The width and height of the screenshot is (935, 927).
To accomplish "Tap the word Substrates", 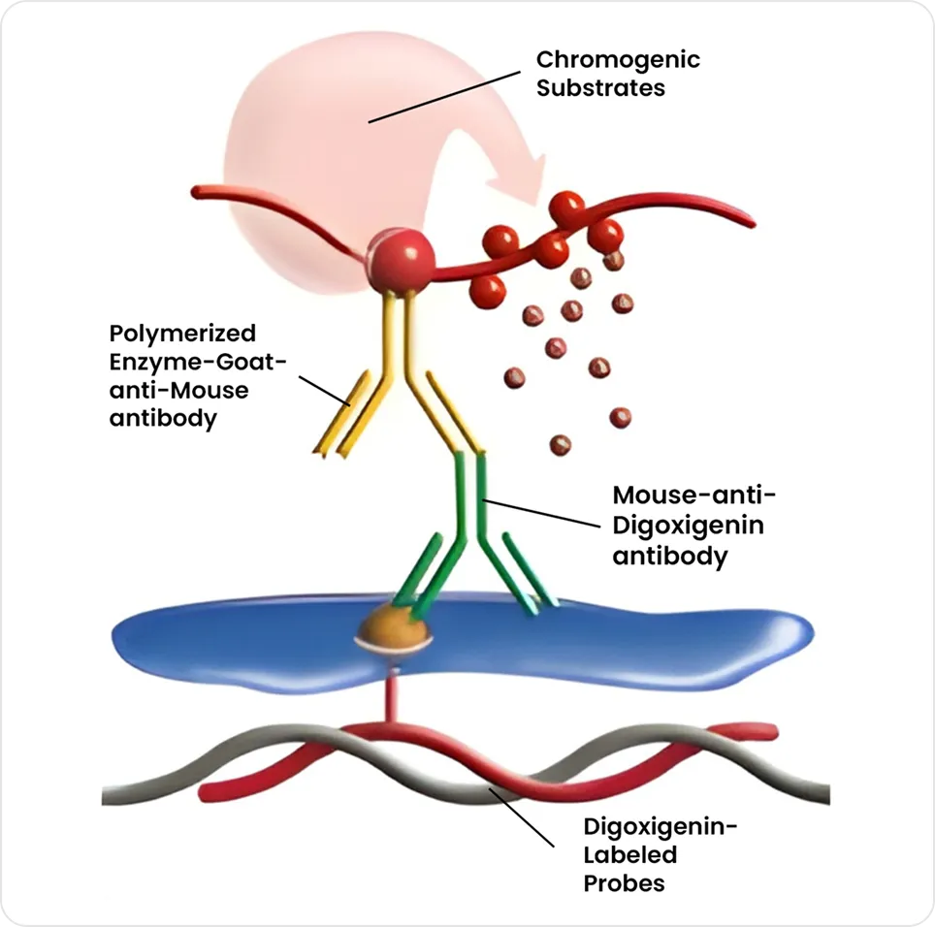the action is (x=600, y=88).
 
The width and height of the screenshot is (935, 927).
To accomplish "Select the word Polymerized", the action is (x=182, y=334).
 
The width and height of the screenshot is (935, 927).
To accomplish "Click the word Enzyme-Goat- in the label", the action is (x=197, y=362).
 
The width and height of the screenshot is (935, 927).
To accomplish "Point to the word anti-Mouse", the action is (x=178, y=391).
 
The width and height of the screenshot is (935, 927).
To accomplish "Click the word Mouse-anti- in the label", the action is (x=694, y=495).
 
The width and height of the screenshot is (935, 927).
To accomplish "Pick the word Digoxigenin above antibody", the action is (x=688, y=527).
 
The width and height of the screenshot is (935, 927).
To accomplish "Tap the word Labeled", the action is (x=630, y=855).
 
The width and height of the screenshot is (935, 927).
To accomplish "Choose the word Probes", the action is (x=624, y=884).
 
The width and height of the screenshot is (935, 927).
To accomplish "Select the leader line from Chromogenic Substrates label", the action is (x=444, y=97).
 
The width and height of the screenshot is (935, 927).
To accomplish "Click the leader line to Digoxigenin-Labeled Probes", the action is (x=521, y=817).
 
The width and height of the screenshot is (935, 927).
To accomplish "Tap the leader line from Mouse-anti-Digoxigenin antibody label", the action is (x=541, y=513).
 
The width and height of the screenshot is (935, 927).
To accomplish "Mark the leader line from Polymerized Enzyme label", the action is (x=324, y=391).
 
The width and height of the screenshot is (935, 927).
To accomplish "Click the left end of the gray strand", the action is (x=103, y=796).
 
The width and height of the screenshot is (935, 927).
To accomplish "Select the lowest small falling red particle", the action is (x=560, y=445).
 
